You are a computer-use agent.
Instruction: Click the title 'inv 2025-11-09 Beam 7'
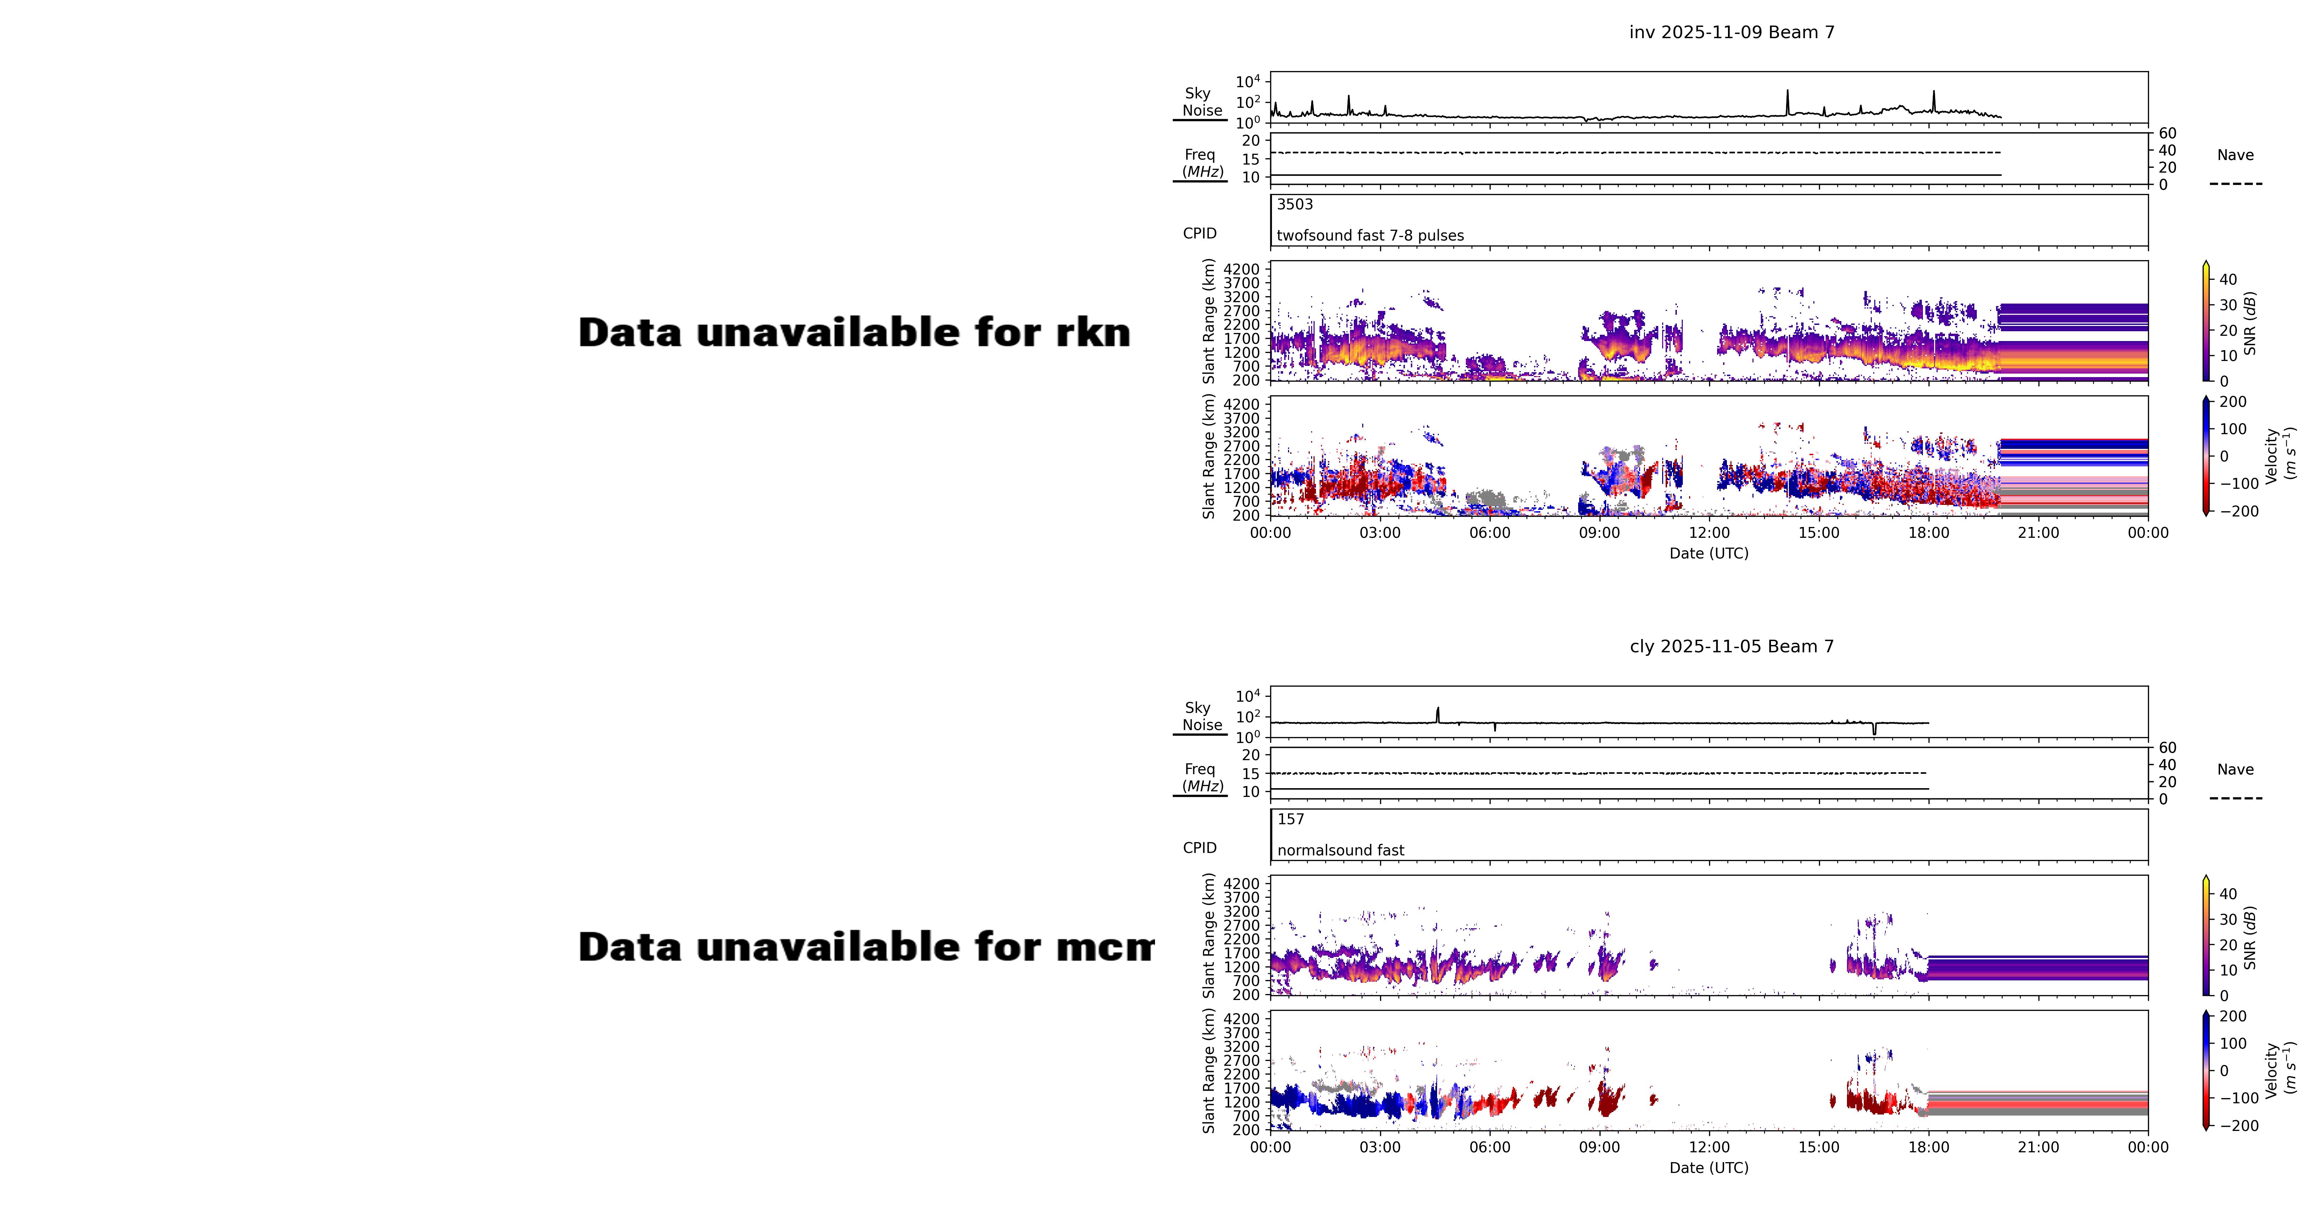1731,32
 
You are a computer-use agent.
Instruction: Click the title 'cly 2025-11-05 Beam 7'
1731,647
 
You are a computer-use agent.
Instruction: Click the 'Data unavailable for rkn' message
854,333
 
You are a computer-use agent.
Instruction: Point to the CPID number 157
1290,819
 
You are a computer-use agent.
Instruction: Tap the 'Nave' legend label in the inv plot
2235,155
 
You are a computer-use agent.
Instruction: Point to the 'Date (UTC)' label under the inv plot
1708,554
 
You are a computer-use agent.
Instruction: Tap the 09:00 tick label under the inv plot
1599,533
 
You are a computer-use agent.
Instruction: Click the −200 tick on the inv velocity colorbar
2238,511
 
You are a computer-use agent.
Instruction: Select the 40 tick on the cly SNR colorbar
2227,894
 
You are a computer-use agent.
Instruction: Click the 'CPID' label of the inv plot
1199,233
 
